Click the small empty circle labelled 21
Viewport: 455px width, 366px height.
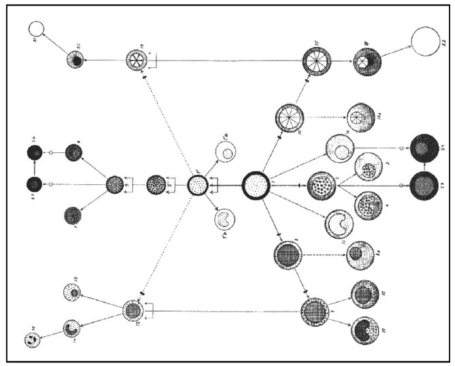tap(35, 29)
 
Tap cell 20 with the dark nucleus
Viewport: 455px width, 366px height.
tap(75, 60)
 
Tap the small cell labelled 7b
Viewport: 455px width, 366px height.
tap(224, 219)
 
